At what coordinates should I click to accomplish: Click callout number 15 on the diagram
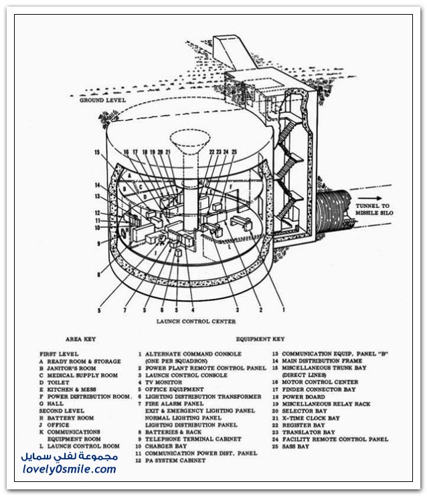pyautogui.click(x=98, y=153)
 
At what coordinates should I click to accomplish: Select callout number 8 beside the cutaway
pyautogui.click(x=99, y=273)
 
